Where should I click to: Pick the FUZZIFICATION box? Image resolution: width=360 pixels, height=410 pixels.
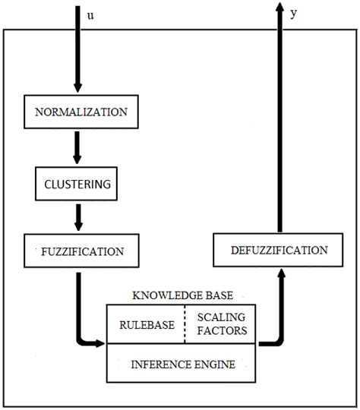click(76, 249)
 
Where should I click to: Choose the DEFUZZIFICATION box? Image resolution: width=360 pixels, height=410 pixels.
click(279, 250)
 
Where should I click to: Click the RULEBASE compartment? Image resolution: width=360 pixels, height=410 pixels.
click(147, 324)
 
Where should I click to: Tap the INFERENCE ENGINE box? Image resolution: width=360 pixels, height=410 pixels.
click(182, 364)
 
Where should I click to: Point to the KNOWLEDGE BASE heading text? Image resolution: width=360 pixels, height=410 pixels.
click(183, 295)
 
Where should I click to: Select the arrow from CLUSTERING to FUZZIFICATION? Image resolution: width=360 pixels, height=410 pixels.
click(76, 216)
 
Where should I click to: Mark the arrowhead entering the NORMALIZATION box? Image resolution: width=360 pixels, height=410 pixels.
click(76, 88)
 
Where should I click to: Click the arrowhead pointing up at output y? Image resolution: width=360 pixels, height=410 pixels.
click(279, 9)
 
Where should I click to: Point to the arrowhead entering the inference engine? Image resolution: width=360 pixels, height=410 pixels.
click(100, 343)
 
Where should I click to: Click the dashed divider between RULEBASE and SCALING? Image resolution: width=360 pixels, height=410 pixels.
click(185, 324)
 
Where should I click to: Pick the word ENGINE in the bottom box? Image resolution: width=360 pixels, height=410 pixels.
click(216, 364)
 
